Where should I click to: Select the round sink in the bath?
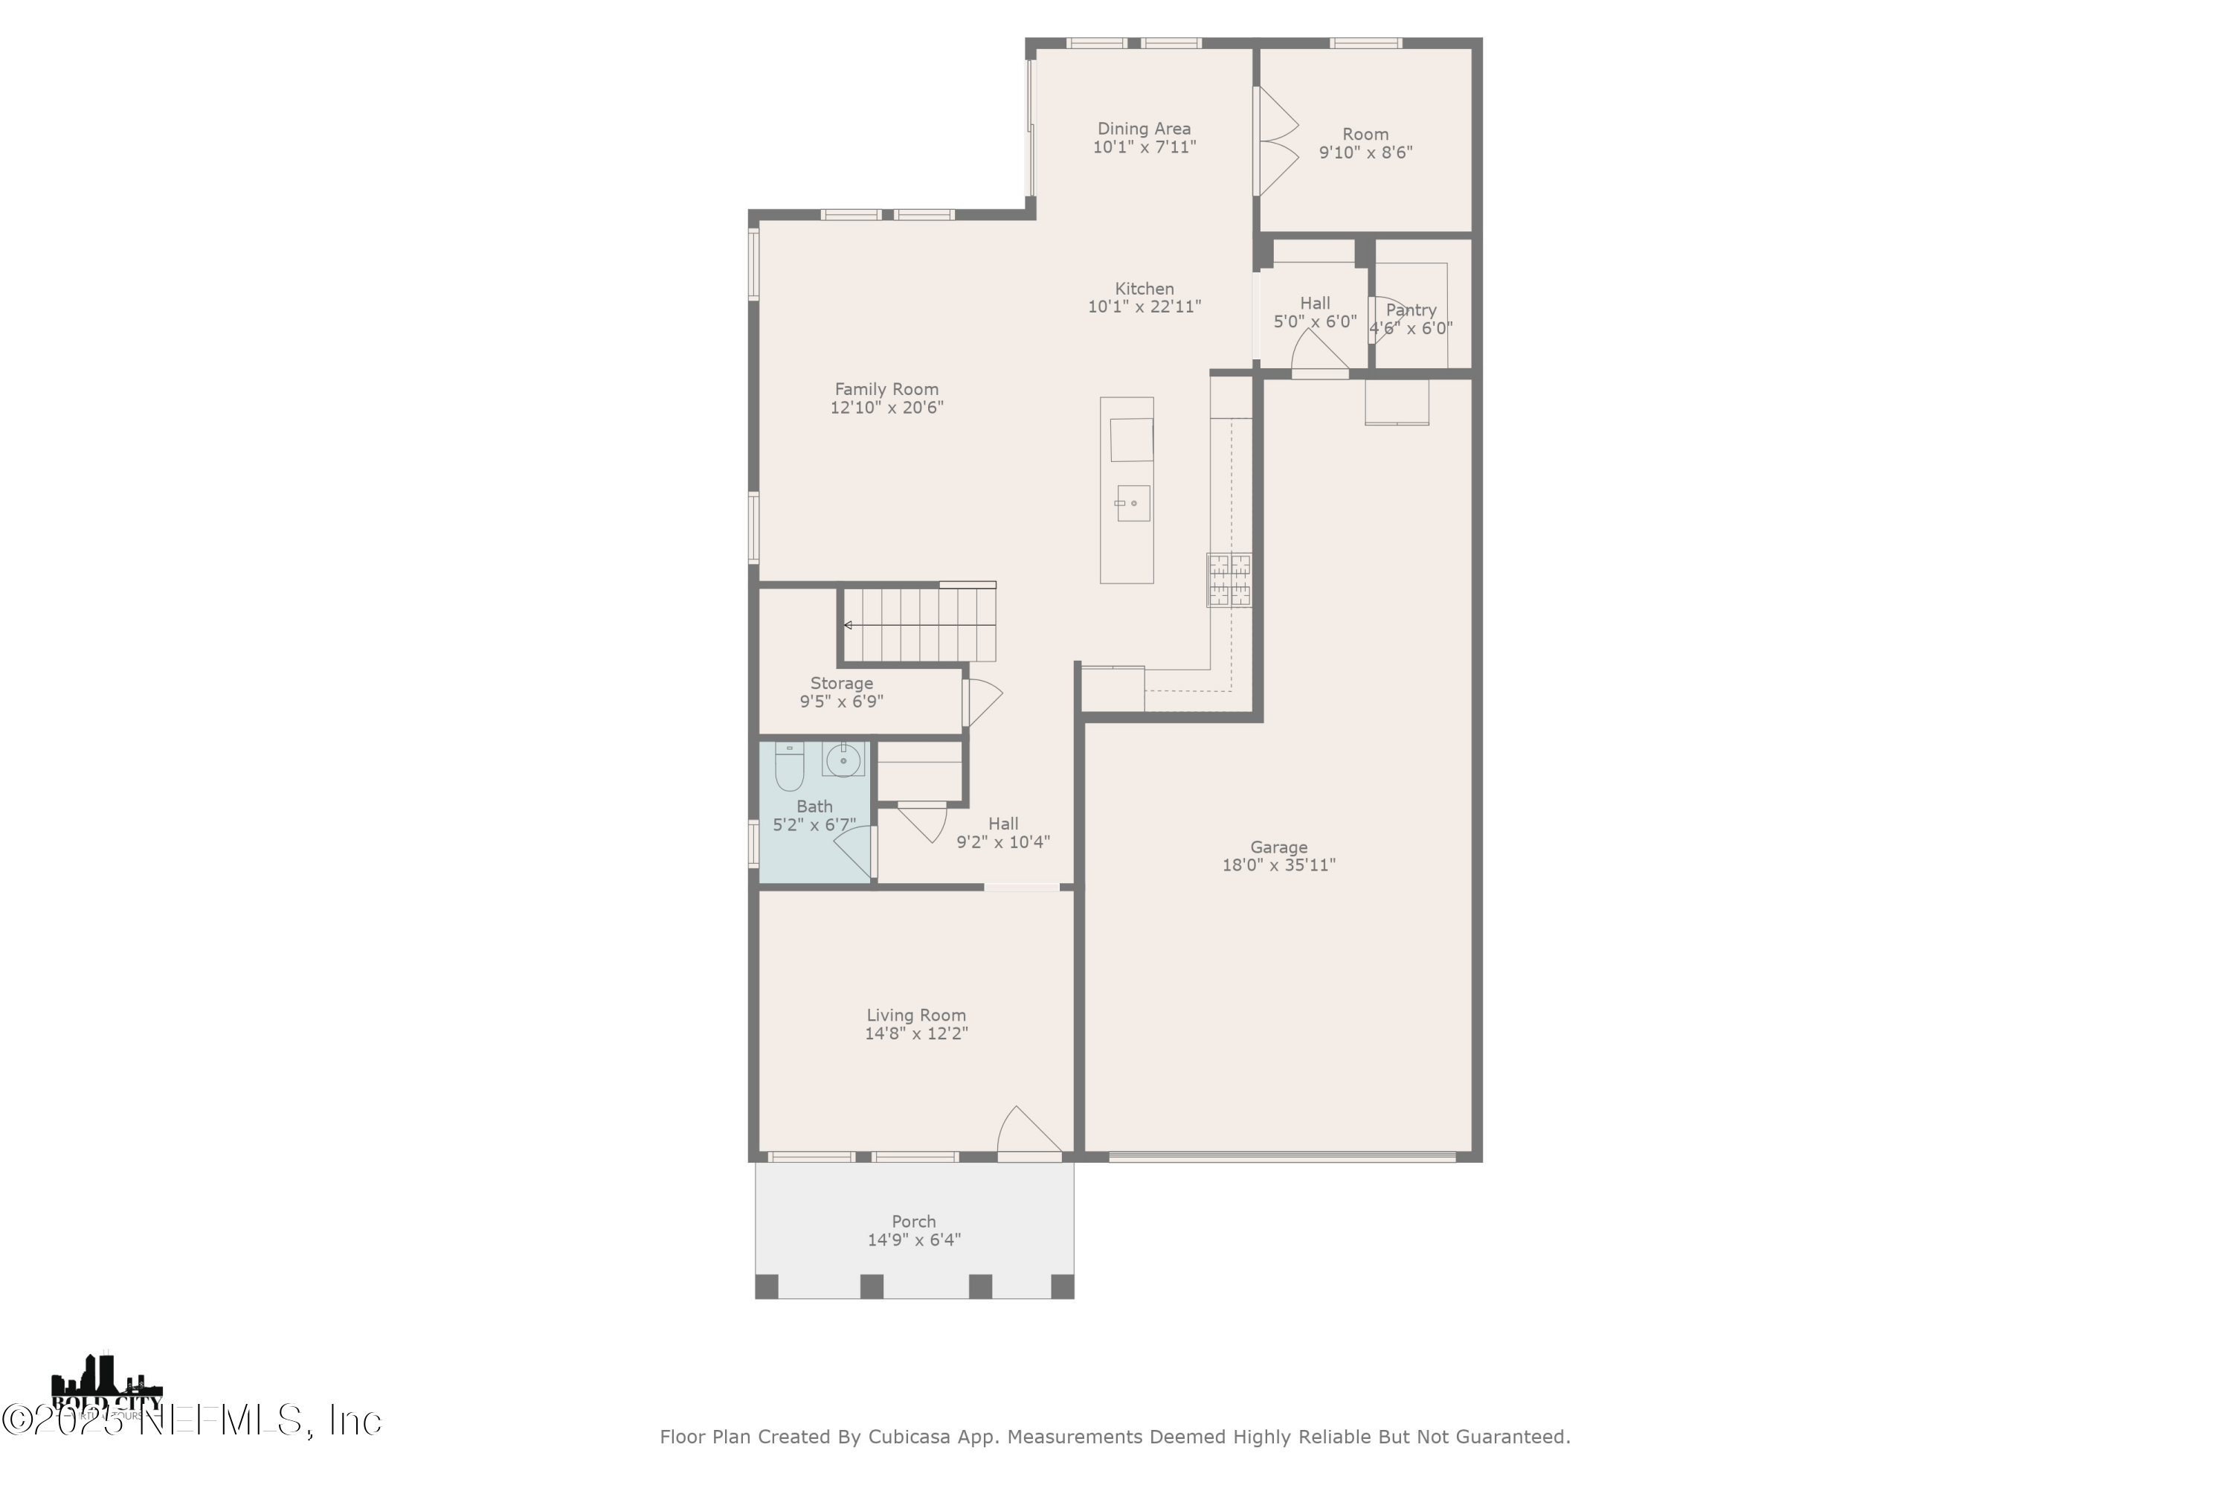(x=843, y=760)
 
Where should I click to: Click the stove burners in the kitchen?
(x=1229, y=580)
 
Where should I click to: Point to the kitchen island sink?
(x=1133, y=503)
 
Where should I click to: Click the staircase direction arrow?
(x=848, y=626)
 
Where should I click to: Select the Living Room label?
(x=915, y=1016)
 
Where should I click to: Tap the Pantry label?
(x=1411, y=310)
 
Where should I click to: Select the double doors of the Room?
(x=1276, y=142)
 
